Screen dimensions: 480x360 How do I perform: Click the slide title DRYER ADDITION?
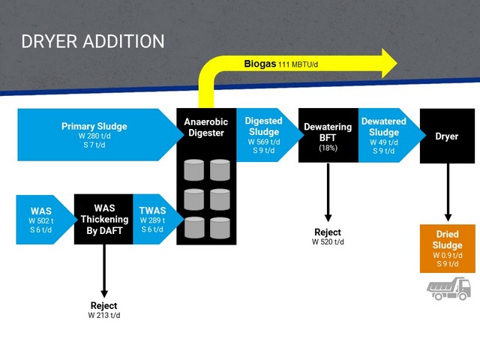tap(93, 41)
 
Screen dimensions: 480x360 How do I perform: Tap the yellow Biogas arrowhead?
tap(389, 63)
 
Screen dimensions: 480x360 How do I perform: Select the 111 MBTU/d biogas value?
tap(298, 64)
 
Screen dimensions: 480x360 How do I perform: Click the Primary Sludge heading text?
tap(94, 126)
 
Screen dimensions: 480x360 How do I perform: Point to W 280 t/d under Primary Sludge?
tap(94, 136)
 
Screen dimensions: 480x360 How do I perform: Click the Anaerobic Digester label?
tap(206, 127)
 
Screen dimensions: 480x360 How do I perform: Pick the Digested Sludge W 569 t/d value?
tap(264, 142)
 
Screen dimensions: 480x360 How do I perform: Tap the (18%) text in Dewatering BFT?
tap(328, 148)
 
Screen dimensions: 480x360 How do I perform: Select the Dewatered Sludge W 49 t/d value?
tap(384, 142)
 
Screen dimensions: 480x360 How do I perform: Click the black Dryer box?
tap(447, 136)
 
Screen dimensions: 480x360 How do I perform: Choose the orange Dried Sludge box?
tap(447, 248)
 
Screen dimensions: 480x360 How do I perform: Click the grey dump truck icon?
tap(448, 288)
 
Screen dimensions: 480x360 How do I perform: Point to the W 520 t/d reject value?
tap(328, 241)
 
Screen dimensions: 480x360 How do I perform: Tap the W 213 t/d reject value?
tap(104, 315)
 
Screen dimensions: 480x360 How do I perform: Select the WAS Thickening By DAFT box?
tap(103, 219)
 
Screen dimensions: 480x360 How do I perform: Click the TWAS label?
tap(152, 211)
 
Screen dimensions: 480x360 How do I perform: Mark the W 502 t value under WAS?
tap(41, 220)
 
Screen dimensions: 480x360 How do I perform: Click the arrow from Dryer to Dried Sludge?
tap(448, 192)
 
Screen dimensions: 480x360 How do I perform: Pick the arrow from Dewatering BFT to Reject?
tap(328, 192)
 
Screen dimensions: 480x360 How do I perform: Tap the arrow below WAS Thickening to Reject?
tap(104, 271)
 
